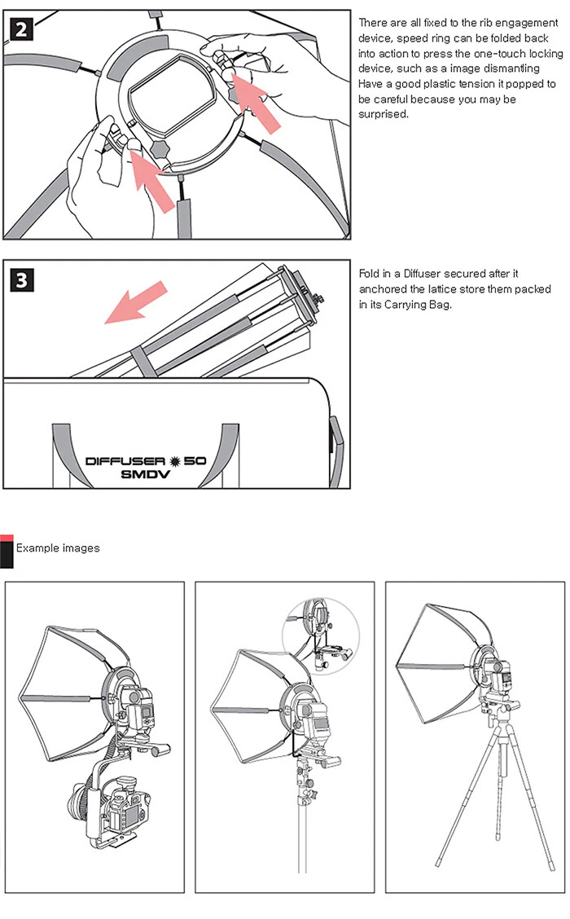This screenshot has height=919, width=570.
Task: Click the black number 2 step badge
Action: (x=21, y=29)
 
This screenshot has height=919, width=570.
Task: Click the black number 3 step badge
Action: (x=22, y=280)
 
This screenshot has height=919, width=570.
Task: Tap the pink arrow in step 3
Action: (x=135, y=301)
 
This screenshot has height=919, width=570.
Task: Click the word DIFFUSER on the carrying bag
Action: (x=125, y=461)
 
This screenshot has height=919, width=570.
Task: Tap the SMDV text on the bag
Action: (x=145, y=474)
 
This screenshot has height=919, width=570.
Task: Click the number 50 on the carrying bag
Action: (x=195, y=461)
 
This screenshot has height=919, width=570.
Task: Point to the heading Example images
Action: (x=58, y=548)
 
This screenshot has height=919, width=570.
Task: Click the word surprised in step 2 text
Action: (x=384, y=114)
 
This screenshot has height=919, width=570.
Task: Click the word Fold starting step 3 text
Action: (x=369, y=274)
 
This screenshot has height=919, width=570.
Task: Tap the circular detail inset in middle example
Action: (x=321, y=636)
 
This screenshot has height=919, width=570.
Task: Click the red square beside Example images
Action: (x=7, y=538)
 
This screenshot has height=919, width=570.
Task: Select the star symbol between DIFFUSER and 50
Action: (x=174, y=461)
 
